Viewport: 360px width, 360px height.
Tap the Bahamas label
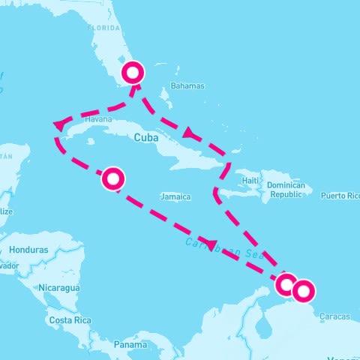pyautogui.click(x=187, y=86)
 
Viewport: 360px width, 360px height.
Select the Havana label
pyautogui.click(x=98, y=119)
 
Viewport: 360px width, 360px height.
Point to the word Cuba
pyautogui.click(x=145, y=138)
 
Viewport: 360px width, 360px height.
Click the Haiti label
pyautogui.click(x=250, y=181)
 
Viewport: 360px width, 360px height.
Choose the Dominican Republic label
pyautogui.click(x=289, y=189)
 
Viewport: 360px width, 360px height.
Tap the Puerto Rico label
pyautogui.click(x=340, y=196)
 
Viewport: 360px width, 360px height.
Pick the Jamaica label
pyautogui.click(x=175, y=197)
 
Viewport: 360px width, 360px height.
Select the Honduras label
pyautogui.click(x=29, y=250)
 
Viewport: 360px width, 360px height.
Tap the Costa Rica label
pyautogui.click(x=70, y=320)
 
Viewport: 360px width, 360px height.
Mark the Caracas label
pyautogui.click(x=334, y=316)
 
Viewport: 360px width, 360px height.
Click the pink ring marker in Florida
pyautogui.click(x=133, y=73)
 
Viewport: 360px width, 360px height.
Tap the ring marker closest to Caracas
pyautogui.click(x=304, y=289)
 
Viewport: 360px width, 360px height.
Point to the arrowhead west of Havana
pyautogui.click(x=58, y=125)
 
